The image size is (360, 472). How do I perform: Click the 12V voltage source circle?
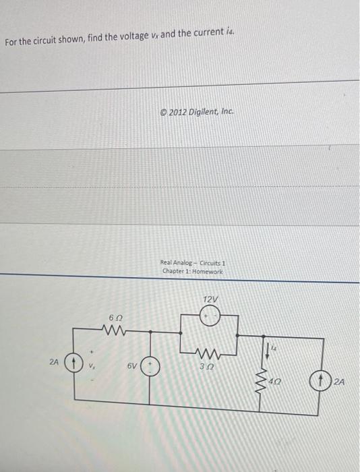click(210, 316)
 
